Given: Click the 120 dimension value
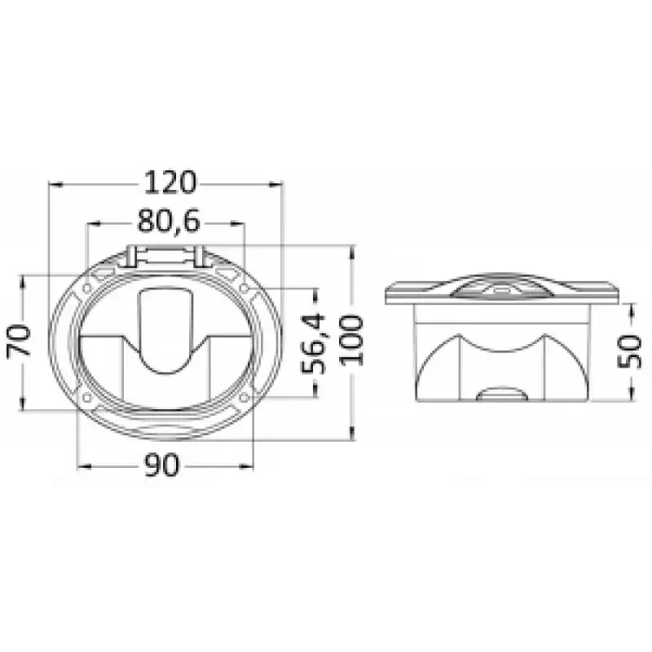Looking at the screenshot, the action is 170,183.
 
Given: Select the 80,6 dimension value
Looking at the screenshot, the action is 169,221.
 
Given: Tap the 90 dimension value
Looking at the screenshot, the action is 162,465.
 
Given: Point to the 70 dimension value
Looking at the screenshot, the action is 19,341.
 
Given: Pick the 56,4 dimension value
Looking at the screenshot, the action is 312,344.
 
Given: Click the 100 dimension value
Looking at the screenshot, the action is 351,341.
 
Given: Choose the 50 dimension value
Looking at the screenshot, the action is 629,351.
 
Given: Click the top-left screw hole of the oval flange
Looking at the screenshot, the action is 87,288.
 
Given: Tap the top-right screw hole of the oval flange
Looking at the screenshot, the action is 244,288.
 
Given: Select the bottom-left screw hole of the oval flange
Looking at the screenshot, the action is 87,398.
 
